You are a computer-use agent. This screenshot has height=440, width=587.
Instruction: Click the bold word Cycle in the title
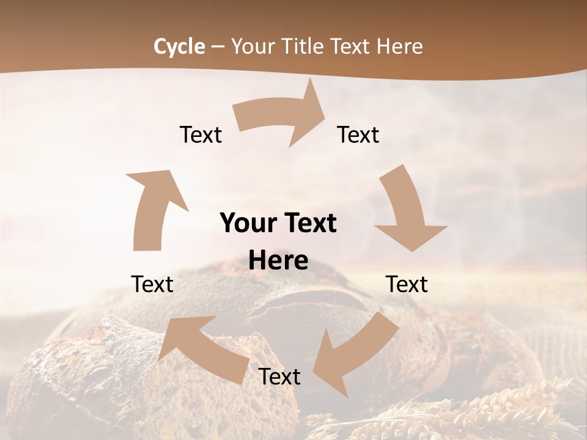click(179, 46)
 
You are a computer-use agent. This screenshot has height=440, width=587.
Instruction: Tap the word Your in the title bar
click(252, 46)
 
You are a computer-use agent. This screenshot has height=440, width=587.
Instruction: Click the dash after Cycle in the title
click(217, 47)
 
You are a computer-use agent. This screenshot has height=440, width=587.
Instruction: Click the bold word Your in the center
click(246, 223)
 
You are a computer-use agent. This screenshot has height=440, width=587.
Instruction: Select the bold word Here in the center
click(278, 261)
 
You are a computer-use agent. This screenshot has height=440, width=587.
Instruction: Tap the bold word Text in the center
click(310, 223)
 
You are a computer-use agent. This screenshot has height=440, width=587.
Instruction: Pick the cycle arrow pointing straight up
click(153, 208)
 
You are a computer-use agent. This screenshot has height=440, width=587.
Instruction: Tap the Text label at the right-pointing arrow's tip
click(358, 134)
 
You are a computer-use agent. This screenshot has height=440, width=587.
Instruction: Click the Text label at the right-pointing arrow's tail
click(201, 134)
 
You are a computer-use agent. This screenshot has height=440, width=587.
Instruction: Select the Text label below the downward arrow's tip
click(407, 284)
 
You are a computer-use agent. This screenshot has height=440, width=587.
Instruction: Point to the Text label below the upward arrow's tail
click(152, 284)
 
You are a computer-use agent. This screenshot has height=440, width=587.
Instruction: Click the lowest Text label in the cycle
click(279, 376)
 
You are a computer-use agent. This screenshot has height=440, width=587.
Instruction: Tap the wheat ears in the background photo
click(489, 409)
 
